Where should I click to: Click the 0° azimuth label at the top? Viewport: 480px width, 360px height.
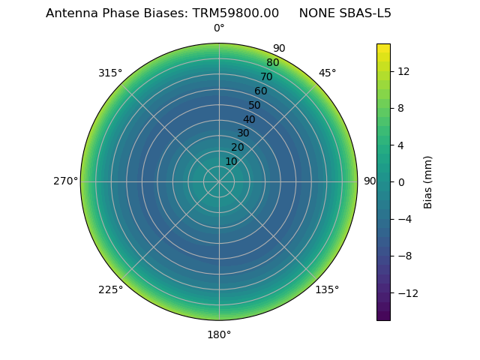point(219,28)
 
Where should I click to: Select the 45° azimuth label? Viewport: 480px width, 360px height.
point(327,73)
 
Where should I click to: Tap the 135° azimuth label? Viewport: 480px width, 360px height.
point(327,290)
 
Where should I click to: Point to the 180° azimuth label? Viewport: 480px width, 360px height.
point(219,334)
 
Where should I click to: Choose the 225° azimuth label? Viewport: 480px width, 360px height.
point(110,290)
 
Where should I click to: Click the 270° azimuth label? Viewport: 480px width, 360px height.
point(65,181)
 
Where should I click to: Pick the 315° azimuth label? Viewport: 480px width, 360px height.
point(110,73)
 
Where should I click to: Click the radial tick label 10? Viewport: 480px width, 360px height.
point(231,161)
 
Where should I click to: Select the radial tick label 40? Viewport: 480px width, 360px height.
point(249,119)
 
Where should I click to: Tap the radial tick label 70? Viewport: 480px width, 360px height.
point(266,76)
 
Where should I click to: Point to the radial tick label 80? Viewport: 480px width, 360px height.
point(272,63)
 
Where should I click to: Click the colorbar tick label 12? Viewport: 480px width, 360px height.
point(403,71)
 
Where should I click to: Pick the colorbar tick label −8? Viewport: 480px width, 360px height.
point(403,256)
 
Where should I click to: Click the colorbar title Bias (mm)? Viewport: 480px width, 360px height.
point(428,182)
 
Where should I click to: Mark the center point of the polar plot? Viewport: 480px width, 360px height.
point(219,181)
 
